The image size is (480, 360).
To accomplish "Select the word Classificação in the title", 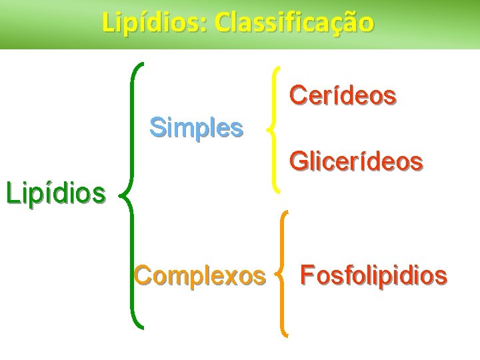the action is pos(295,23).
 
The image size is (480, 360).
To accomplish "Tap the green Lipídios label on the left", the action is pos(55,193).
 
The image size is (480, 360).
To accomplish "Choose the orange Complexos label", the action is pos(199,275).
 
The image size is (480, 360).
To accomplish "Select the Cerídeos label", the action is pos(343,96).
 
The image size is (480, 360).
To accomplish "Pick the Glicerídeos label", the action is pos(355,161).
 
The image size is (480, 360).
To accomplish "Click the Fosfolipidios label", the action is pos(373,275).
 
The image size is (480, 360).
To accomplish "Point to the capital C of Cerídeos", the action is pos(297,96).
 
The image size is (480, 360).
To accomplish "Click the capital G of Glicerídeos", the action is pos(297,161).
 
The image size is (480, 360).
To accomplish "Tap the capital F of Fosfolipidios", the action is pos(307,275).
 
